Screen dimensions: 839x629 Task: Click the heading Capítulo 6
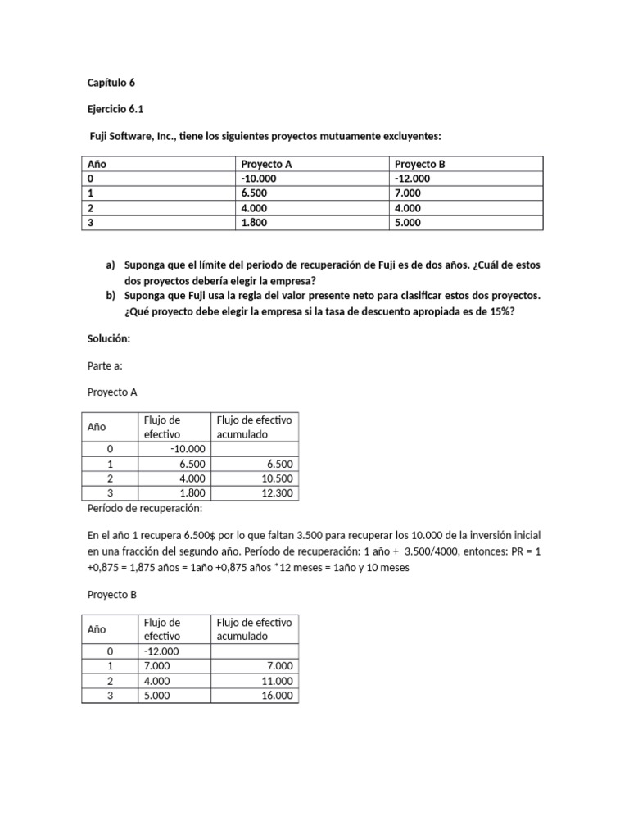click(x=111, y=83)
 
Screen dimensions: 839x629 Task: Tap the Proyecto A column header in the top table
click(x=266, y=165)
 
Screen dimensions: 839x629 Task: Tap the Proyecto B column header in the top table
click(x=419, y=165)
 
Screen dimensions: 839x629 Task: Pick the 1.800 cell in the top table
click(x=256, y=222)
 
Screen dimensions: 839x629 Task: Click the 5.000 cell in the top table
click(x=409, y=222)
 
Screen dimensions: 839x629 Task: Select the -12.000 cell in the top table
click(x=412, y=179)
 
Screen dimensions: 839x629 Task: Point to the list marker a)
click(x=111, y=266)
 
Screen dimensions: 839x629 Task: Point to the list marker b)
click(x=111, y=295)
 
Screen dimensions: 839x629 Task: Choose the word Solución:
click(x=109, y=338)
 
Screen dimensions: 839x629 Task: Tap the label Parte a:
click(x=105, y=365)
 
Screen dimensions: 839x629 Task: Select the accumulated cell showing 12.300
click(x=279, y=493)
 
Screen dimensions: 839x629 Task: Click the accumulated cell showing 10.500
click(x=279, y=478)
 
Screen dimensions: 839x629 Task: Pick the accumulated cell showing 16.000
click(x=278, y=696)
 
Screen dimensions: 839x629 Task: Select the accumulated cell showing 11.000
click(x=278, y=681)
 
